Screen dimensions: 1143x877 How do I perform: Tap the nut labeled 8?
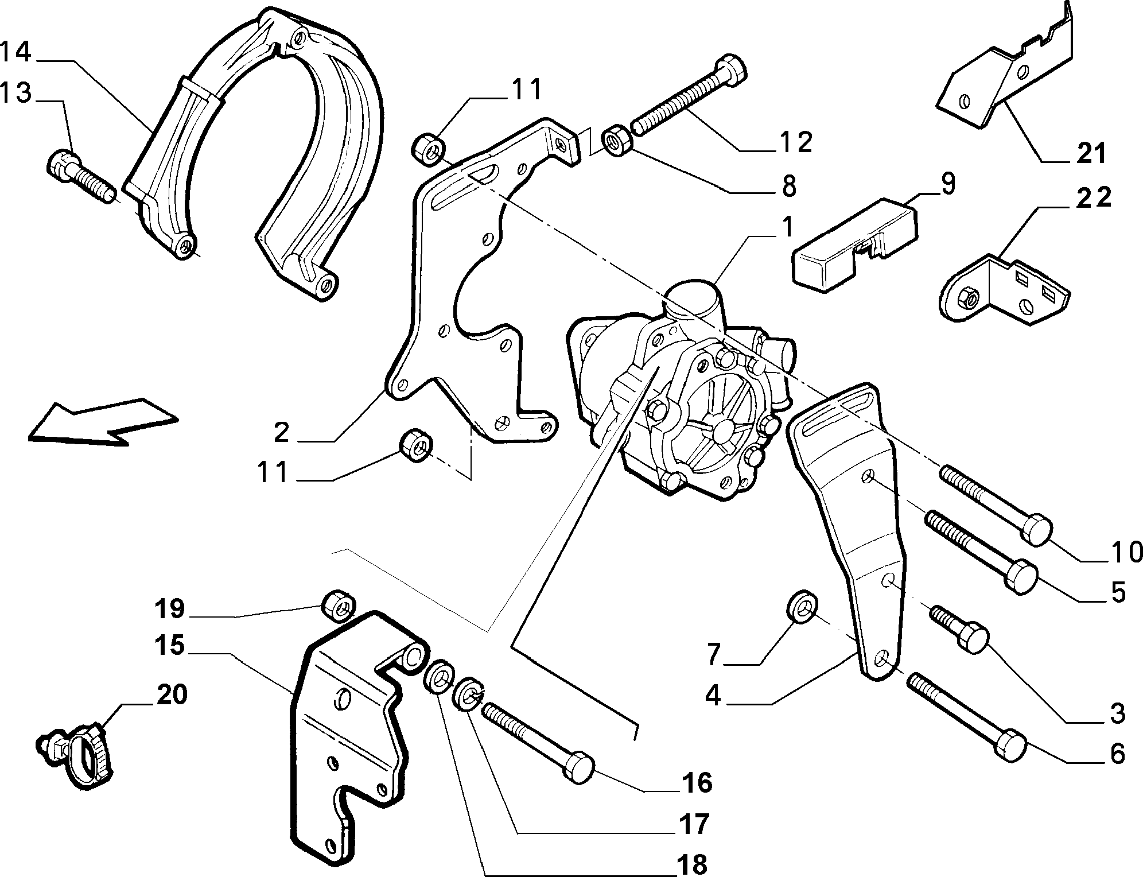click(x=616, y=144)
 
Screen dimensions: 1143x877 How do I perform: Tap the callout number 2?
click(x=281, y=432)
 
